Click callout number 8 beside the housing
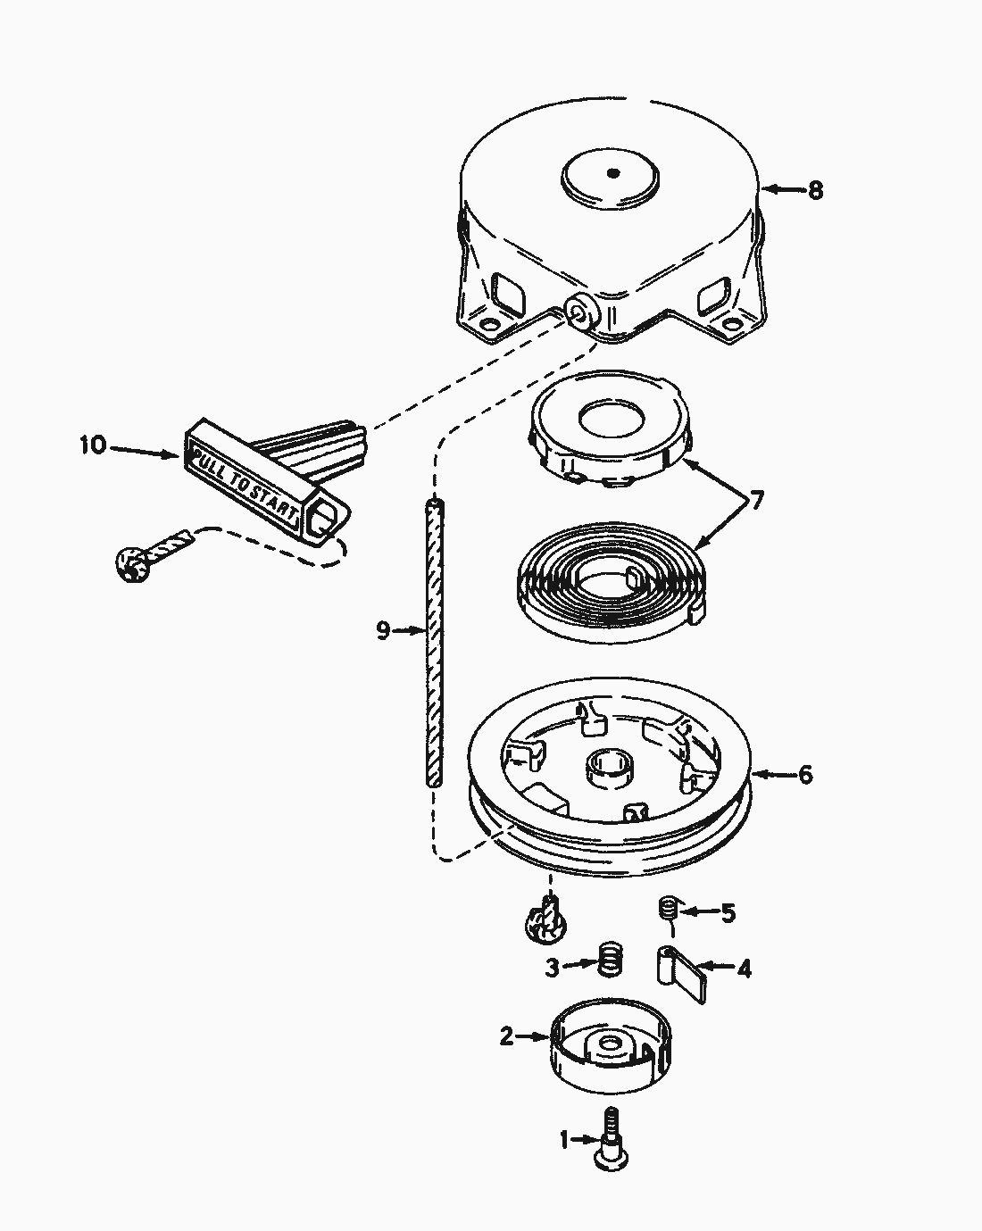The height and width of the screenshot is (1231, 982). click(x=815, y=190)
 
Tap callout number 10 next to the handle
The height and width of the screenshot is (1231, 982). click(x=93, y=445)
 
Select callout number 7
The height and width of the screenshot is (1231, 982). click(x=756, y=501)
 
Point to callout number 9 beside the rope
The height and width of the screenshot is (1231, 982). click(x=383, y=631)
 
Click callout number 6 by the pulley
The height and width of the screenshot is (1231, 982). click(x=805, y=775)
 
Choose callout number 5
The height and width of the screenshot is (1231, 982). click(x=728, y=913)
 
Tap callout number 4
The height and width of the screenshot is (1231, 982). click(x=744, y=969)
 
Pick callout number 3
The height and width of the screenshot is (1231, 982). click(x=552, y=969)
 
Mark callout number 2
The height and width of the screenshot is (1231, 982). click(x=507, y=1036)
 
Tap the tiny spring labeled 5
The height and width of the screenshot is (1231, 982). click(x=667, y=908)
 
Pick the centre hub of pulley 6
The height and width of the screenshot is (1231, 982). click(x=611, y=768)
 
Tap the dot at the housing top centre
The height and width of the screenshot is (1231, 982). click(x=613, y=173)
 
